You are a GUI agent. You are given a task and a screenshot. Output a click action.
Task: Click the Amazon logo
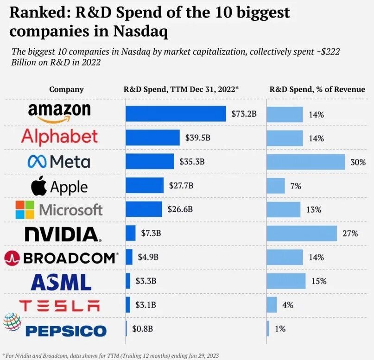[59, 113]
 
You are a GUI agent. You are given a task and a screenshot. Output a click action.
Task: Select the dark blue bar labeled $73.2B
[176, 114]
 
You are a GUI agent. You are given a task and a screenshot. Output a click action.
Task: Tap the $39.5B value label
[197, 138]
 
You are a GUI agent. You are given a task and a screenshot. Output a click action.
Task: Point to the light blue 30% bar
[305, 162]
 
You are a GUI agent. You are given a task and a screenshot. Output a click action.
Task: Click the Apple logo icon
[39, 186]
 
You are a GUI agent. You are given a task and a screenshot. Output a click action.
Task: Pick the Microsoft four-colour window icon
[25, 209]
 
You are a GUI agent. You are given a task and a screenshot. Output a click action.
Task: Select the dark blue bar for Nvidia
[131, 233]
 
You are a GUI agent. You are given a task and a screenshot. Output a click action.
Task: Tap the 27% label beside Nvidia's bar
[350, 234]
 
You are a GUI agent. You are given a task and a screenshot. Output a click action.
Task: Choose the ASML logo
[61, 282]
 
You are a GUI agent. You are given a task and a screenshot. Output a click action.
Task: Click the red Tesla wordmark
[59, 305]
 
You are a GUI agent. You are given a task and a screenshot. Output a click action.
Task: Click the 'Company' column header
[66, 89]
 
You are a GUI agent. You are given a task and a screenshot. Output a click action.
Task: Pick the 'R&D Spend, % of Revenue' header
[317, 89]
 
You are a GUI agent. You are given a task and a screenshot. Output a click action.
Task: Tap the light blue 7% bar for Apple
[276, 186]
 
